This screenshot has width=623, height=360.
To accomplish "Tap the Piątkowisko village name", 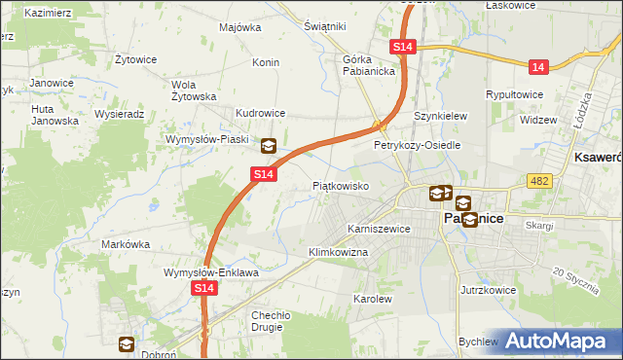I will pos(340,185).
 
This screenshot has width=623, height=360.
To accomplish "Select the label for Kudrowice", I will pos(258,113).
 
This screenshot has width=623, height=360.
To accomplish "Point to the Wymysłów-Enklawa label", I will pos(210,273).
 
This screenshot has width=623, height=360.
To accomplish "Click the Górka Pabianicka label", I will pos(367,64).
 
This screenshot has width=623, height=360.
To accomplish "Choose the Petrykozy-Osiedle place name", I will pos(417,145).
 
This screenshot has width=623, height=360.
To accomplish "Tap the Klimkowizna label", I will pos(338,252).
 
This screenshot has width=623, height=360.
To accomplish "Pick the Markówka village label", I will pos(123,244).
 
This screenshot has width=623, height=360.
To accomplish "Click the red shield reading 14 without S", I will pos(538,66).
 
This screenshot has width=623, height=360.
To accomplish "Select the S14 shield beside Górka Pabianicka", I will pos(404,47).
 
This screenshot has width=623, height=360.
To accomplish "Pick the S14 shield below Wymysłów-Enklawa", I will pos(203,289).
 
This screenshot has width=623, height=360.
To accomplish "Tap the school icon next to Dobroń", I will pos(127,343).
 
